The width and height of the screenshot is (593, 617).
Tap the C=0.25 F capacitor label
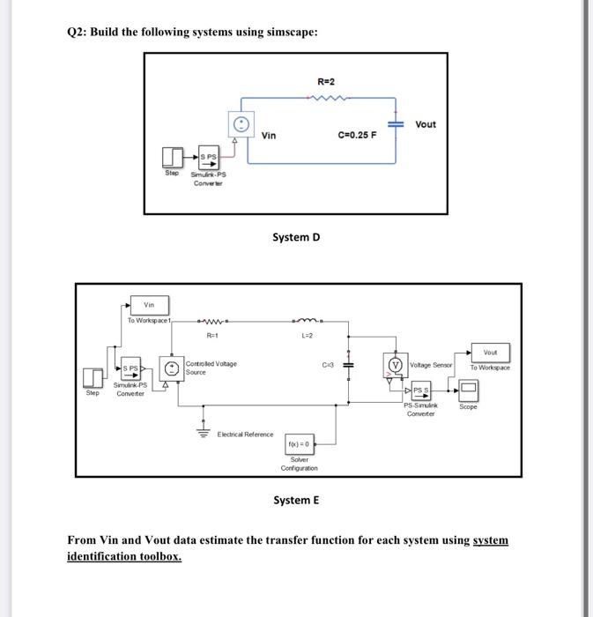[358, 136]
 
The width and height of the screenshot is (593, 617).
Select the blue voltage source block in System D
[242, 124]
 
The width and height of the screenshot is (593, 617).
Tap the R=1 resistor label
[211, 337]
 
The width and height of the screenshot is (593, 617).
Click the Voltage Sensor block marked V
[395, 365]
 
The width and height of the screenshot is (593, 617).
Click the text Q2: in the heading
[79, 32]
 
